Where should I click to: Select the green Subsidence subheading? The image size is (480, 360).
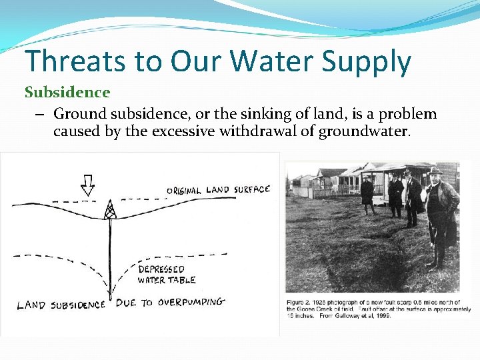coord(67,91)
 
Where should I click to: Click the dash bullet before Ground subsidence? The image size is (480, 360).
coord(41,114)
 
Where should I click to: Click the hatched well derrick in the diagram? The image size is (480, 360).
coord(110,211)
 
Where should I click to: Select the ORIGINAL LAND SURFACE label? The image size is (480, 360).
coord(218,191)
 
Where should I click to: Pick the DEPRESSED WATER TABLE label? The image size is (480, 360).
coord(166,275)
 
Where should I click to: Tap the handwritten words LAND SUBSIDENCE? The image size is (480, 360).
coord(61,305)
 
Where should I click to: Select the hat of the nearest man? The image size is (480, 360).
coord(436,172)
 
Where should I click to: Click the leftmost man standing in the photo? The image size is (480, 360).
coord(367,197)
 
